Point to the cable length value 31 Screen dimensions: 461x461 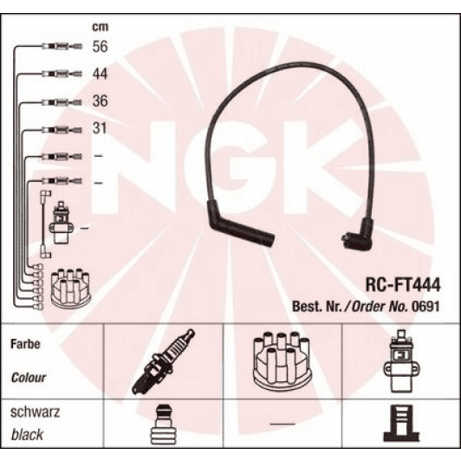click(101, 129)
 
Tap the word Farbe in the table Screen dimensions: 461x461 click(26, 344)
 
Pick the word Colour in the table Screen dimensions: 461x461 click(29, 378)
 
